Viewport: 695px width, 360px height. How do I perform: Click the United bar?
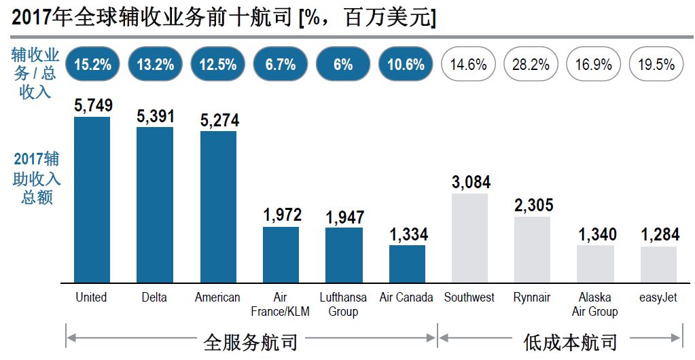coord(92,200)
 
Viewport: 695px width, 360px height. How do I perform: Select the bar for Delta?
coord(155,204)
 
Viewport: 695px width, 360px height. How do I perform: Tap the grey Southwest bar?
coord(470,238)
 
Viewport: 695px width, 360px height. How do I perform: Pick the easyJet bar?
coord(658,264)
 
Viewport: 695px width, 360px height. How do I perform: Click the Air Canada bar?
coord(407,264)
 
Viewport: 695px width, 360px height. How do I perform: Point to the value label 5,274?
coord(219,121)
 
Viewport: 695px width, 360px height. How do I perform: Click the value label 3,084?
coord(471,183)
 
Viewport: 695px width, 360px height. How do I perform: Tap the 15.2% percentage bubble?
coord(92,65)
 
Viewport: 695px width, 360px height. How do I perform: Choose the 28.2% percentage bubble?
coord(531,65)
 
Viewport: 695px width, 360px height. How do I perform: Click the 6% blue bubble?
coord(343,65)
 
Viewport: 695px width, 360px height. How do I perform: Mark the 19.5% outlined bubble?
coord(656,65)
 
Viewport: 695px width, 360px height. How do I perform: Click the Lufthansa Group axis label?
coord(343,304)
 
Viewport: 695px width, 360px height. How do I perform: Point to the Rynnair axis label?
coord(532,298)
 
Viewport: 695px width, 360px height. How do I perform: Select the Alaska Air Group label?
coord(594,304)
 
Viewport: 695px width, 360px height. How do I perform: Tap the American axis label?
coord(217,298)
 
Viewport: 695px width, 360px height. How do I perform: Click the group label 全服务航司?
coord(251,342)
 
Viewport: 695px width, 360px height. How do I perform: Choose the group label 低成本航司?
coord(570,342)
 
